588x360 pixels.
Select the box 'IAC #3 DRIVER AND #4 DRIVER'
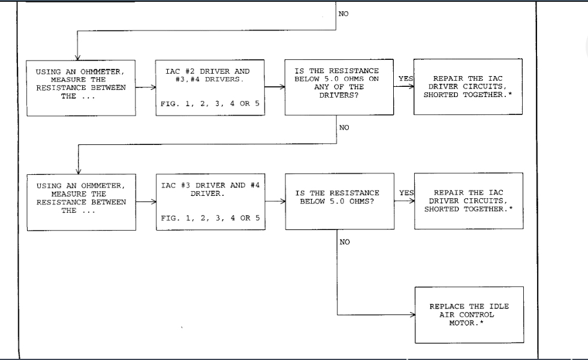tap(210, 201)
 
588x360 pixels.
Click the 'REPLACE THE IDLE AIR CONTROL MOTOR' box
tap(468, 314)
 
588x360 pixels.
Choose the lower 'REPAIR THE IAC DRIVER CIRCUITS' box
tap(468, 201)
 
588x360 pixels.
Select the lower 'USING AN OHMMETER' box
tap(82, 201)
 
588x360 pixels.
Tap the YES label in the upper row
tap(405, 78)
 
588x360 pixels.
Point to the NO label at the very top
tap(343, 13)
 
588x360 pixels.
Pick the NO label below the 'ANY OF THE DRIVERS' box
tap(344, 127)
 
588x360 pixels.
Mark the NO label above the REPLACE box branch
tap(344, 242)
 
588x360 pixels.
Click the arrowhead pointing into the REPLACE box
tap(411, 314)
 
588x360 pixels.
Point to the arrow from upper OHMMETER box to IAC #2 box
tap(144, 87)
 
